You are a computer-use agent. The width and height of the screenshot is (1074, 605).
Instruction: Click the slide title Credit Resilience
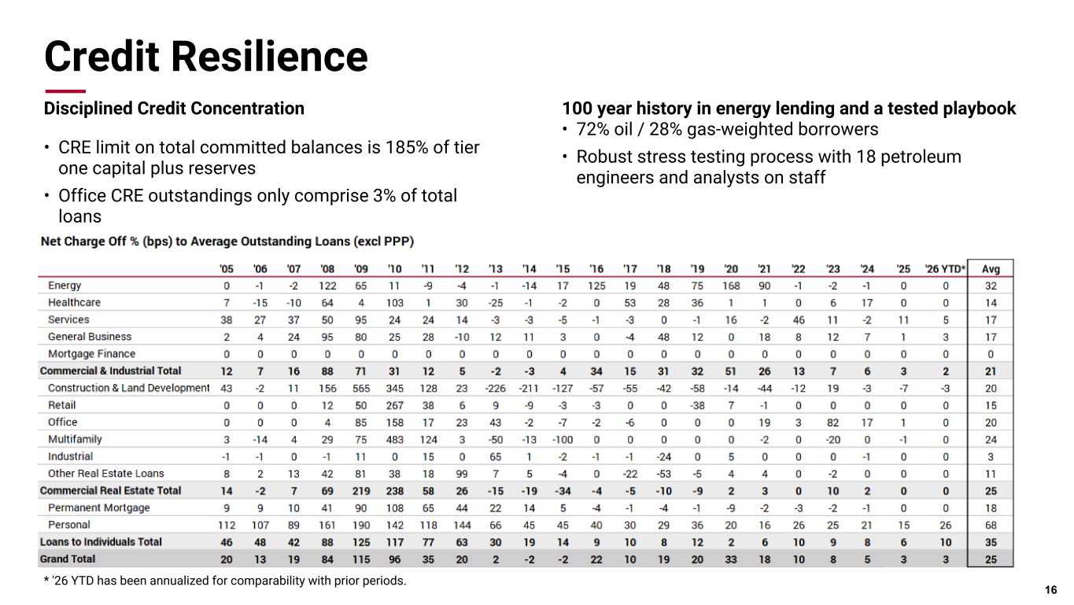pos(206,57)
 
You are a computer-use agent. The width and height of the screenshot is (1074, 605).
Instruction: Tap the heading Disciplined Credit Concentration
pos(174,109)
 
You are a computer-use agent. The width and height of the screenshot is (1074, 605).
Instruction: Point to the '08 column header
pos(327,268)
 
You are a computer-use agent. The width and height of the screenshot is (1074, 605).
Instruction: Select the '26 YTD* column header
pos(945,268)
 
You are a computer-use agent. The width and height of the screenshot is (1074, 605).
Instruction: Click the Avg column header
pos(991,268)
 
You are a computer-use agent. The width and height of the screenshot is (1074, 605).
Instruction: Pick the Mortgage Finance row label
pos(91,354)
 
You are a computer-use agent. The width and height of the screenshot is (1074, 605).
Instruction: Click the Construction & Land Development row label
pos(128,388)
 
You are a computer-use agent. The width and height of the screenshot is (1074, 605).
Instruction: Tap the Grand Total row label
pos(68,559)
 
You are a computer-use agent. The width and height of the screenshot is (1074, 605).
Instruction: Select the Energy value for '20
pos(731,286)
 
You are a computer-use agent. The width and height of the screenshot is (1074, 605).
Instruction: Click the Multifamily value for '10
pos(394,440)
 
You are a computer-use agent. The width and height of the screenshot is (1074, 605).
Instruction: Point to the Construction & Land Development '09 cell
pos(361,389)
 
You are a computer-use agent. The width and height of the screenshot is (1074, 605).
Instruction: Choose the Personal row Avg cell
pos(991,525)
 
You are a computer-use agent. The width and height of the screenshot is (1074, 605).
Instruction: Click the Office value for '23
pos(832,422)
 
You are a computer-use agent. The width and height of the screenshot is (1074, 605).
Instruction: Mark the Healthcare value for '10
pos(394,303)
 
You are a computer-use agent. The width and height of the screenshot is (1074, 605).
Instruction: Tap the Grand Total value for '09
pos(361,559)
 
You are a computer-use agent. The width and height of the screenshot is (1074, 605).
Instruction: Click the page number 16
pos(1050,590)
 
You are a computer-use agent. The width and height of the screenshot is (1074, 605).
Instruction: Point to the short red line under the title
pos(65,91)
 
